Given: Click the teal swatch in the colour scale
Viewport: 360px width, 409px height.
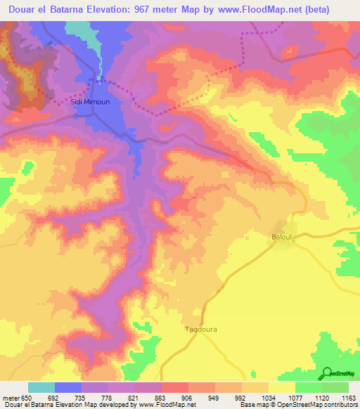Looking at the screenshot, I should pyautogui.click(x=41, y=387).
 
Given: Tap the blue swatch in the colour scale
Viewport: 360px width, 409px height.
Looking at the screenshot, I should pyautogui.click(x=68, y=387).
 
